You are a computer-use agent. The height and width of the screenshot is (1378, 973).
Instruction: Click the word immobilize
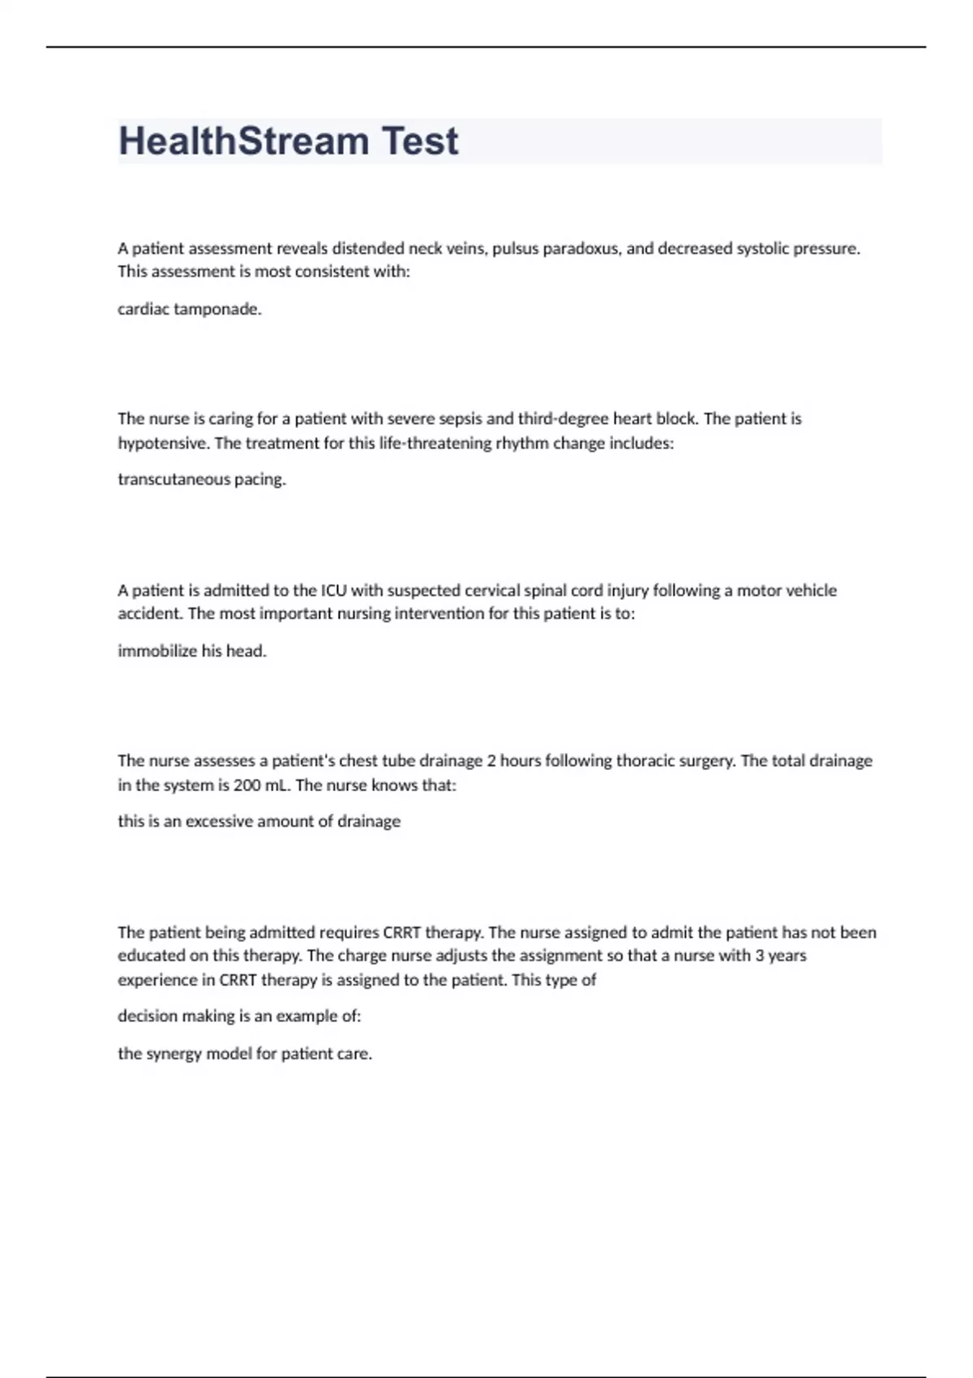[157, 651]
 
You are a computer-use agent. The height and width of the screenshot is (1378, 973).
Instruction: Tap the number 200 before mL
[247, 785]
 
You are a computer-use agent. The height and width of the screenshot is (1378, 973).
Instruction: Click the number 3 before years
[760, 956]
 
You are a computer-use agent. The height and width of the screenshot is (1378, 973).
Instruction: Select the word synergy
[172, 1054]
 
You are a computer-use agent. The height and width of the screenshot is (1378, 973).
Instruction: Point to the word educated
[152, 956]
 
